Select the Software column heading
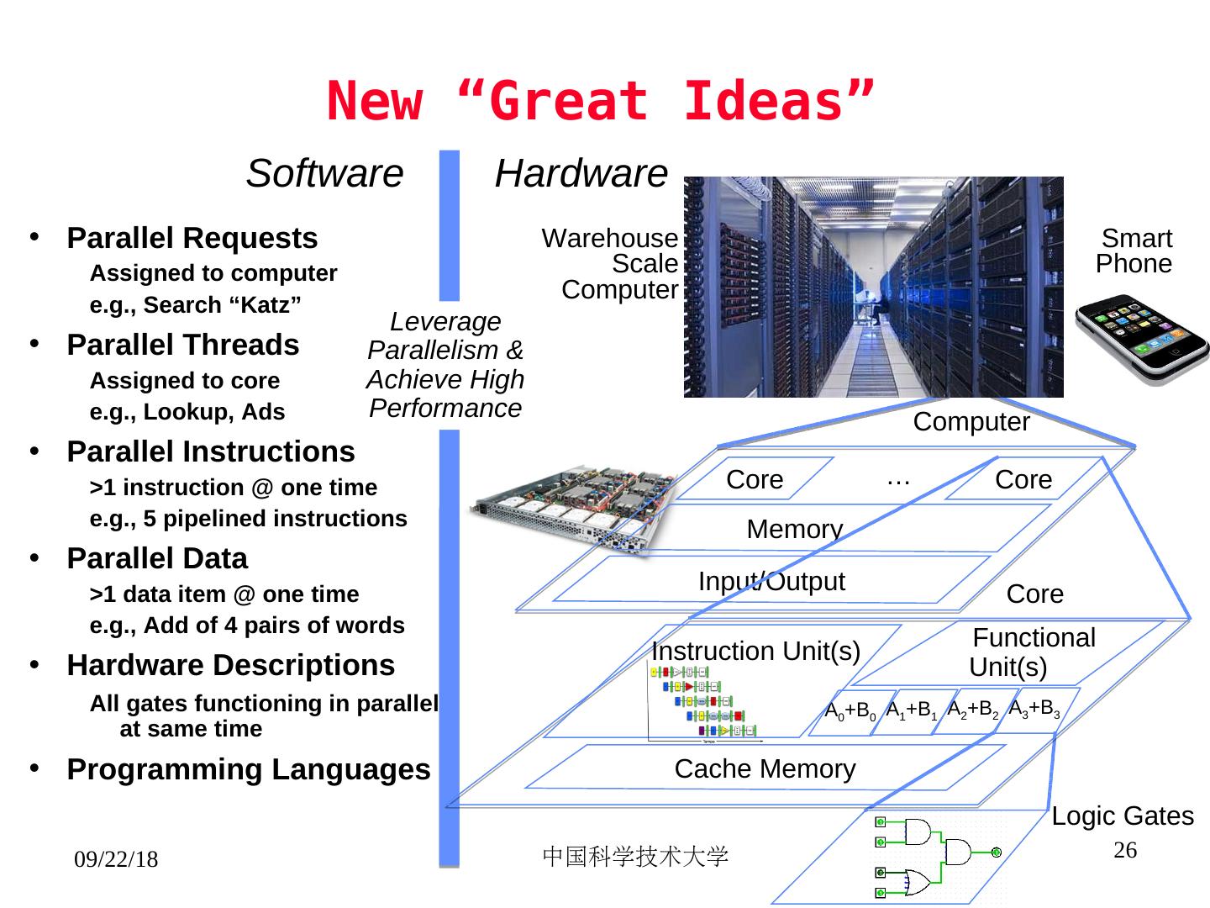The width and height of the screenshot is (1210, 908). click(x=324, y=174)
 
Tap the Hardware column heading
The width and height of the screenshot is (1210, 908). click(x=581, y=174)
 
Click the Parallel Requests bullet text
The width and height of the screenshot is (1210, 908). click(x=192, y=238)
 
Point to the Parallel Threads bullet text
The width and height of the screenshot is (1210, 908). click(x=183, y=345)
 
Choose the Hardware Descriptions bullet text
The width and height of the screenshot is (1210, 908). click(x=231, y=665)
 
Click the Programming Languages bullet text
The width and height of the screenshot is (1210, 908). click(x=249, y=769)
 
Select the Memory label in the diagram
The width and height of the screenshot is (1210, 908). click(x=794, y=529)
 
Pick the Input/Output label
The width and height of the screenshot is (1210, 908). click(x=771, y=581)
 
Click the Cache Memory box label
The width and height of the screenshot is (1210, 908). click(x=765, y=768)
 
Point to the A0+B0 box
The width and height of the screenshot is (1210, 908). click(x=850, y=711)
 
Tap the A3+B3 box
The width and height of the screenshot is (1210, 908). click(x=1034, y=709)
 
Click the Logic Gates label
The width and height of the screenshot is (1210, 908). click(x=1123, y=816)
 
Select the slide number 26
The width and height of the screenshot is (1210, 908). click(x=1125, y=850)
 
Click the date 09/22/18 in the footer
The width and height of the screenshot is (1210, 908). click(x=116, y=859)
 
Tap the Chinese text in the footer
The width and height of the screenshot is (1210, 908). click(x=635, y=856)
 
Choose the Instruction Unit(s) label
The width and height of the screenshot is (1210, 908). click(x=755, y=651)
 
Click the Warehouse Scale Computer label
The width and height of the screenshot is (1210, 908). click(x=611, y=264)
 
